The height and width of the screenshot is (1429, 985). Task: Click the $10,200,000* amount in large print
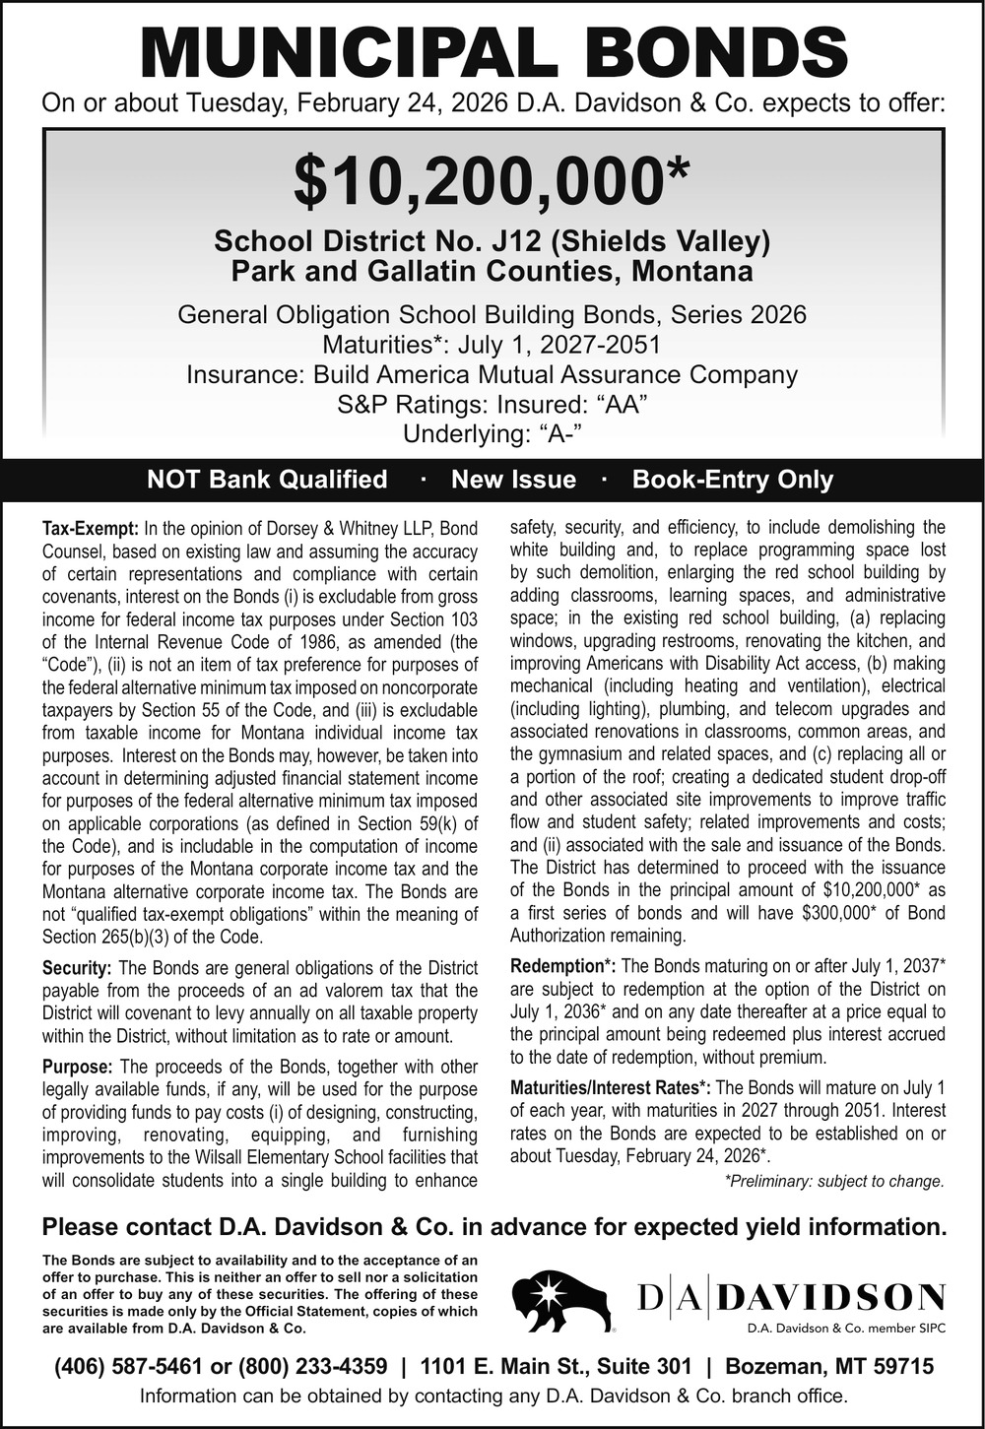(492, 181)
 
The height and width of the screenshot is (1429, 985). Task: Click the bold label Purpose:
(78, 1067)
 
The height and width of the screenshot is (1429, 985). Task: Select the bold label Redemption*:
(563, 966)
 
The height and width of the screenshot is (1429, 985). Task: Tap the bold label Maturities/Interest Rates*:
(611, 1088)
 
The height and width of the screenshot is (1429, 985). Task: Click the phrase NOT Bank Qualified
(267, 480)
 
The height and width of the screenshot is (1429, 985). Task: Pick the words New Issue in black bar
(513, 480)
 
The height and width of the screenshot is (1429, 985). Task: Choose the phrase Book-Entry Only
(733, 480)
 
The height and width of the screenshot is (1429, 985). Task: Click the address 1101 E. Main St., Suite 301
(556, 1366)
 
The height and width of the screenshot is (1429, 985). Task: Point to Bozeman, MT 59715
(828, 1366)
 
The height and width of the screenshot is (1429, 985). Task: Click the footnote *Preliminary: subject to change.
(834, 1181)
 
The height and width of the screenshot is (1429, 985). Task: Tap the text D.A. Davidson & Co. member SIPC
(846, 1328)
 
